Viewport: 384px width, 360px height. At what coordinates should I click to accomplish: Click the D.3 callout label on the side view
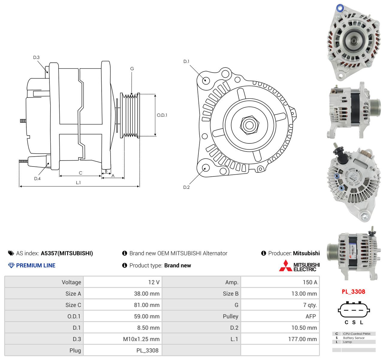pos(36,57)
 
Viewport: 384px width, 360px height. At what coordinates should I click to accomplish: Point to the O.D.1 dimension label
pos(162,115)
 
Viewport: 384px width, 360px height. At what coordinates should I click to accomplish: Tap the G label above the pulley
pos(132,68)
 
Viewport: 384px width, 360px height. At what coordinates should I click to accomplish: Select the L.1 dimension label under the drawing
pos(78,182)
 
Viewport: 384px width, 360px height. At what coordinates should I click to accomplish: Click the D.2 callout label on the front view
pos(186,187)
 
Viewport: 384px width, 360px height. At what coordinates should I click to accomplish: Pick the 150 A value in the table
pos(310,282)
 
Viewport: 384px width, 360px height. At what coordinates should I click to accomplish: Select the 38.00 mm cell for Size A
pos(147,294)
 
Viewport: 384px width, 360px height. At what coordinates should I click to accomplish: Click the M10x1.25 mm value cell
pos(141,339)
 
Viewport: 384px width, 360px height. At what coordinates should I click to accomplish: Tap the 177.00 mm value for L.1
pos(302,339)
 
